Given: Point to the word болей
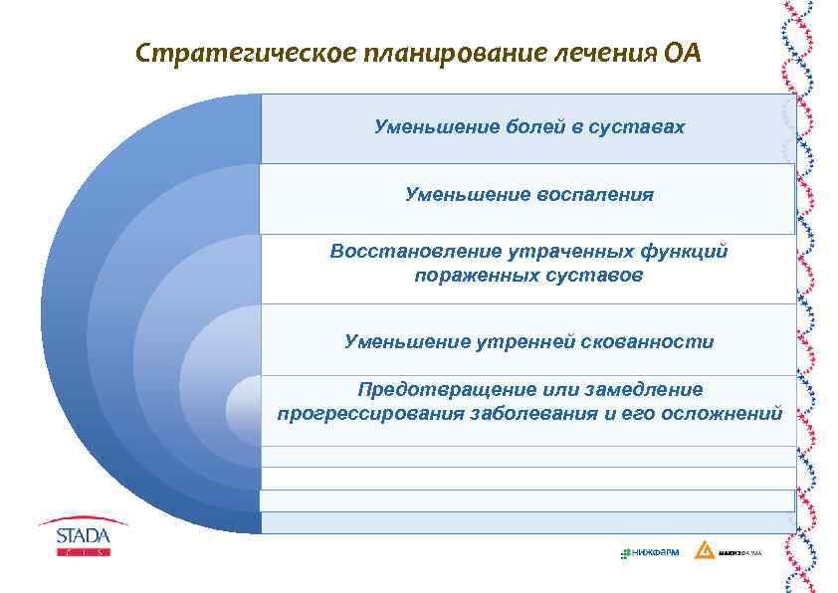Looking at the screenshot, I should click(508, 127).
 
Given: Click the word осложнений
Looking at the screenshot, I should click(724, 413).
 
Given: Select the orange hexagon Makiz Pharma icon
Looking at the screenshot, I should click(704, 550).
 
